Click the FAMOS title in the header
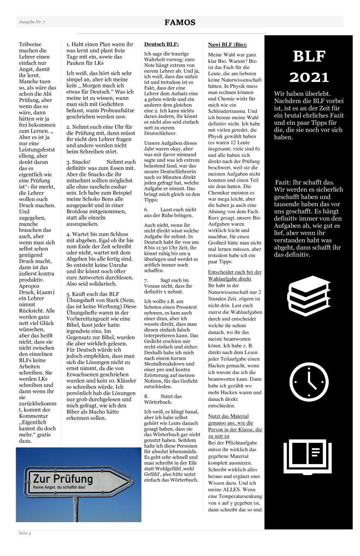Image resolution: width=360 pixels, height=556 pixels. pos(180,23)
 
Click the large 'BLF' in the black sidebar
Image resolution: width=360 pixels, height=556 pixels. pos(308,57)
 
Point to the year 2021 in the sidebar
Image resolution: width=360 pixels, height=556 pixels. pos(308,77)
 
